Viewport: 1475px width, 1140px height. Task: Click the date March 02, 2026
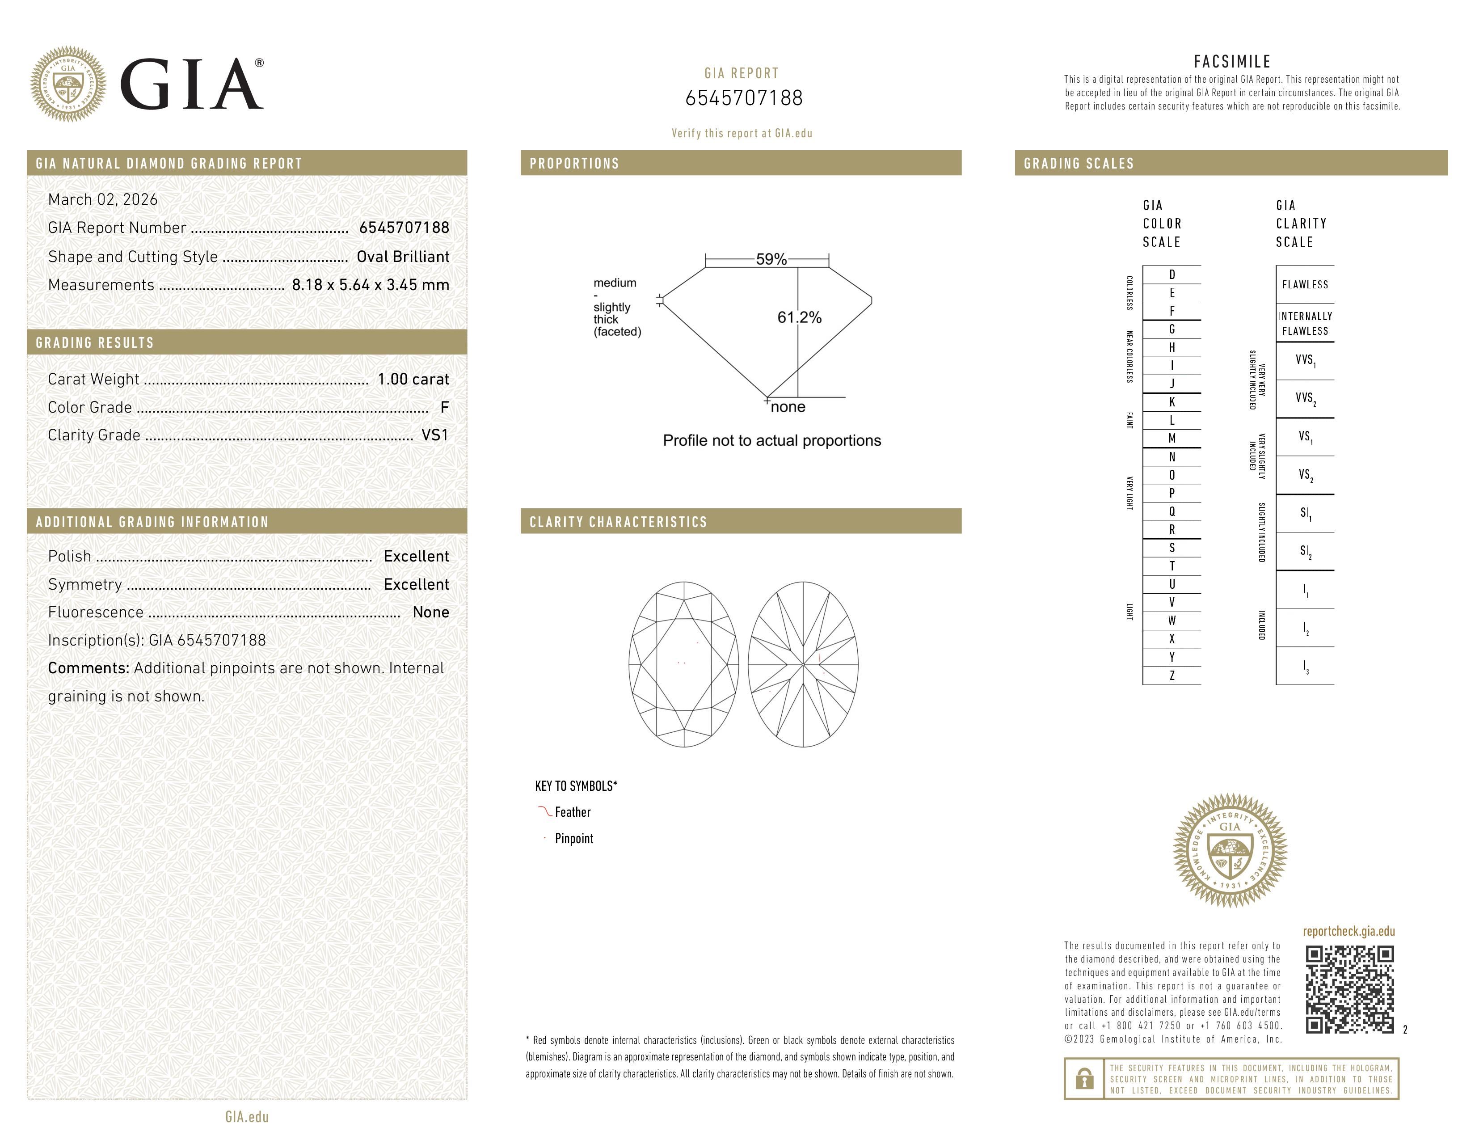click(x=103, y=200)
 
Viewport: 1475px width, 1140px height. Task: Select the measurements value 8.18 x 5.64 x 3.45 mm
click(x=370, y=285)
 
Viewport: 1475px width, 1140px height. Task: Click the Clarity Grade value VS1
click(x=434, y=435)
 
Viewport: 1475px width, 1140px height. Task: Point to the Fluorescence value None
click(x=430, y=612)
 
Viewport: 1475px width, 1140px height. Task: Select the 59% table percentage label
click(x=771, y=259)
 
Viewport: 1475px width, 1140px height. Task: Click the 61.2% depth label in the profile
click(x=799, y=317)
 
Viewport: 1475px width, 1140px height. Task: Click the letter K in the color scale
click(x=1172, y=402)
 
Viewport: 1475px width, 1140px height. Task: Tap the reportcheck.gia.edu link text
click(x=1349, y=931)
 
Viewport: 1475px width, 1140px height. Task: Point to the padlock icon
click(x=1084, y=1079)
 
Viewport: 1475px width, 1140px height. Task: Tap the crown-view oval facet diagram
click(x=683, y=664)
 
